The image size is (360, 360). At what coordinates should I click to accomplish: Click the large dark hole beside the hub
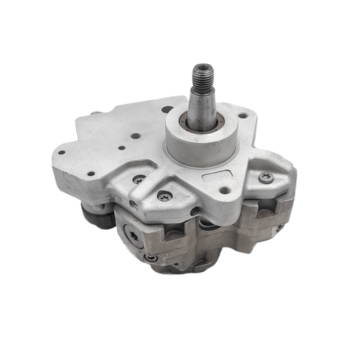167,109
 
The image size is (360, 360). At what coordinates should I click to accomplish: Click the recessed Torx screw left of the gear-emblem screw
139,179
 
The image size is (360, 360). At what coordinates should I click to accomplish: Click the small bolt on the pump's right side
278,228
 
